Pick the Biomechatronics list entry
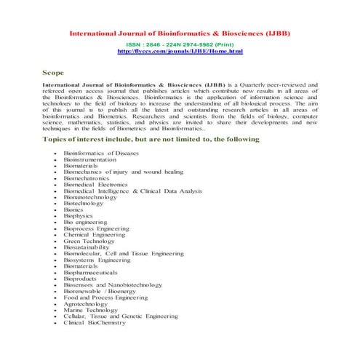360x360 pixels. pos(87,178)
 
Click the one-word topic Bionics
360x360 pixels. pos(73,209)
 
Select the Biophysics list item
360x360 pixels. pos(79,216)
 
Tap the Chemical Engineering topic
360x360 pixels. pos(95,235)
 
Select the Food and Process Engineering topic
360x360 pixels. pos(107,297)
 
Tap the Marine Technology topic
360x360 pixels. pos(91,311)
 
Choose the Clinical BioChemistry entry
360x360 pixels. pos(95,323)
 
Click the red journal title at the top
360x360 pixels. pos(180,33)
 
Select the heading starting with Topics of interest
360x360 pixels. pos(151,138)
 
